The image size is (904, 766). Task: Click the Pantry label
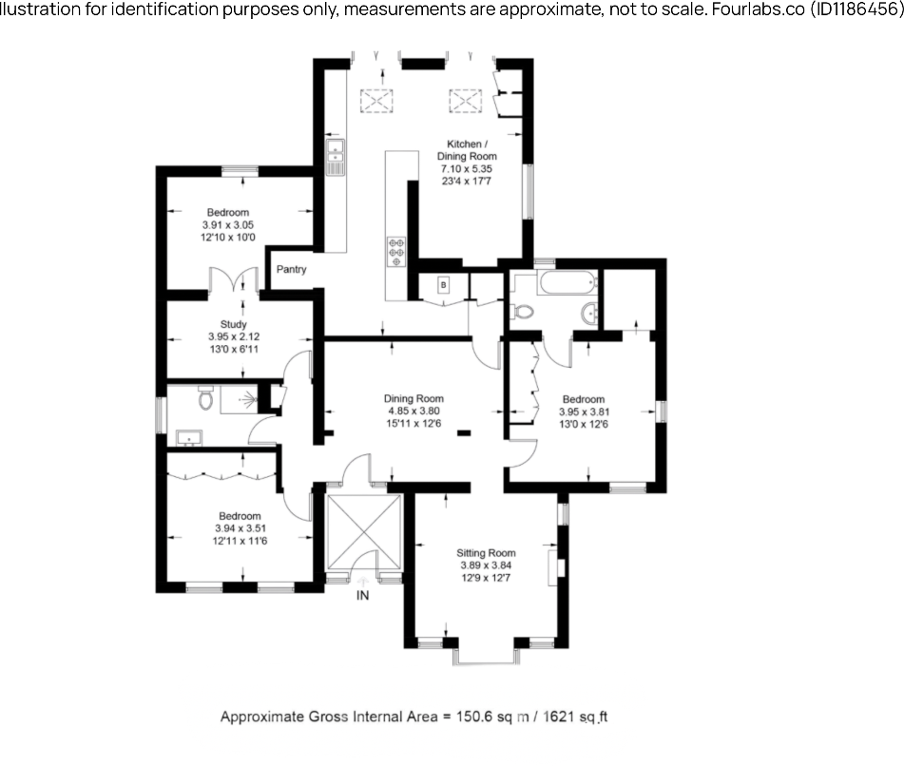(292, 269)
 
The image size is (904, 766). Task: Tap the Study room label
(233, 324)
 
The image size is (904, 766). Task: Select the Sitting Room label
(486, 552)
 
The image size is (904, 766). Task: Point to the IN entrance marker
(362, 596)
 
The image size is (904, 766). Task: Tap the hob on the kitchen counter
(395, 250)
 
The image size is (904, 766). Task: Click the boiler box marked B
(442, 284)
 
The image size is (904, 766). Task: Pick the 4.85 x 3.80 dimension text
(414, 411)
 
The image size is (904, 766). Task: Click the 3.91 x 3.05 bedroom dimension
(228, 224)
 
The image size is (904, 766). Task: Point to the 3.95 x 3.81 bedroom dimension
(583, 412)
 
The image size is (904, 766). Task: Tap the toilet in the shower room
(205, 400)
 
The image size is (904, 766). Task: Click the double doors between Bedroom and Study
(234, 281)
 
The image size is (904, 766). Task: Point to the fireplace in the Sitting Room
(558, 565)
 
